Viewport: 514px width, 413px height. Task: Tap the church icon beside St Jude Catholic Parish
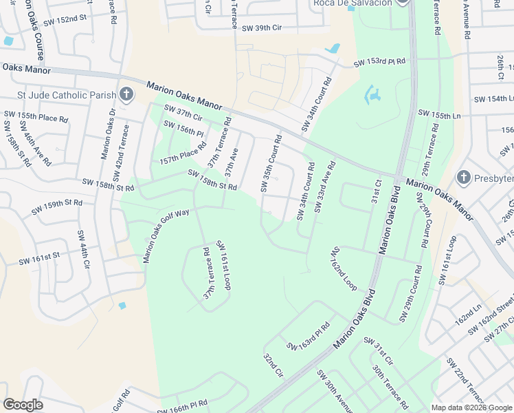126,94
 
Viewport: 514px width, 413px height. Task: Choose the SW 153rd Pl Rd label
380,63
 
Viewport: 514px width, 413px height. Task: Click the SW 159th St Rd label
57,204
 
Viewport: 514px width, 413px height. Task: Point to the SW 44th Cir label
82,251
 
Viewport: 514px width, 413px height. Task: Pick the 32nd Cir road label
273,367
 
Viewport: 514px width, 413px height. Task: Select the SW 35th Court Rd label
272,163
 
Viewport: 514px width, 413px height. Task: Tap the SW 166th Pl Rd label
182,407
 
